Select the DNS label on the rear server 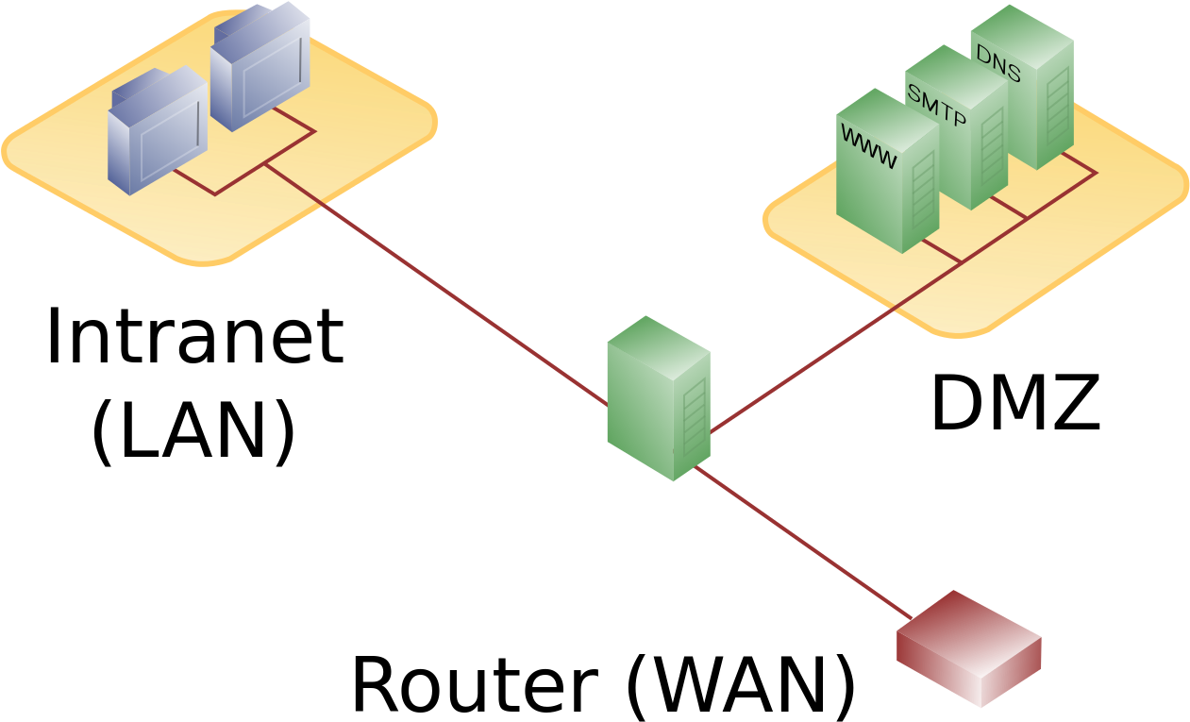click(998, 63)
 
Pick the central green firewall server click(658, 400)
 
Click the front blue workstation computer click(156, 132)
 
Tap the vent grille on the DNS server click(1057, 104)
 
